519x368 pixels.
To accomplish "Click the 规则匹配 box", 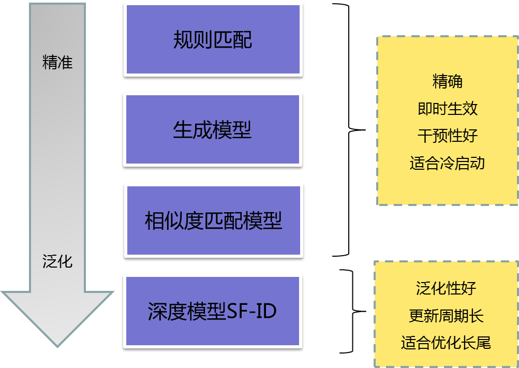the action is (x=213, y=39).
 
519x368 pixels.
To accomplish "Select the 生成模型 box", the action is (x=212, y=130).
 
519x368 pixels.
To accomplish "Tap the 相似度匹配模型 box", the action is (x=213, y=220).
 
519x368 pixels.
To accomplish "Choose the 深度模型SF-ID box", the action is (x=212, y=311).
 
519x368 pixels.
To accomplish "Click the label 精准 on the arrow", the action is (x=57, y=63).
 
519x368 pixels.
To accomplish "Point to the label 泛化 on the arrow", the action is (x=57, y=261).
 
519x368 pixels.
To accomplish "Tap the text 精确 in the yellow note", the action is (x=447, y=81).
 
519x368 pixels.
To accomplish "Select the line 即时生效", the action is (x=447, y=108).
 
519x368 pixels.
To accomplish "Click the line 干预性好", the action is (x=447, y=136).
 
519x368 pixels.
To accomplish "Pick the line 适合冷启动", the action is (x=447, y=163).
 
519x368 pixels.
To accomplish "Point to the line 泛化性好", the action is (x=446, y=288).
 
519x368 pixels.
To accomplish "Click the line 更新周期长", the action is (x=446, y=315).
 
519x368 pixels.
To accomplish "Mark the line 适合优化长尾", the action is (x=446, y=343).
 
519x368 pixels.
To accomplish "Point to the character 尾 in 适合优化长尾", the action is (x=482, y=343).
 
